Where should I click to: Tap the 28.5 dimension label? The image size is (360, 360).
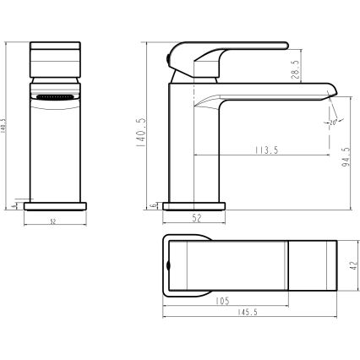tap(295, 67)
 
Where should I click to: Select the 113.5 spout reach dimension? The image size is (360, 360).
tap(262, 150)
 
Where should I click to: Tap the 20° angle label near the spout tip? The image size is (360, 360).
tap(333, 123)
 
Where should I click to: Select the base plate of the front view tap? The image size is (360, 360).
tap(56, 205)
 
